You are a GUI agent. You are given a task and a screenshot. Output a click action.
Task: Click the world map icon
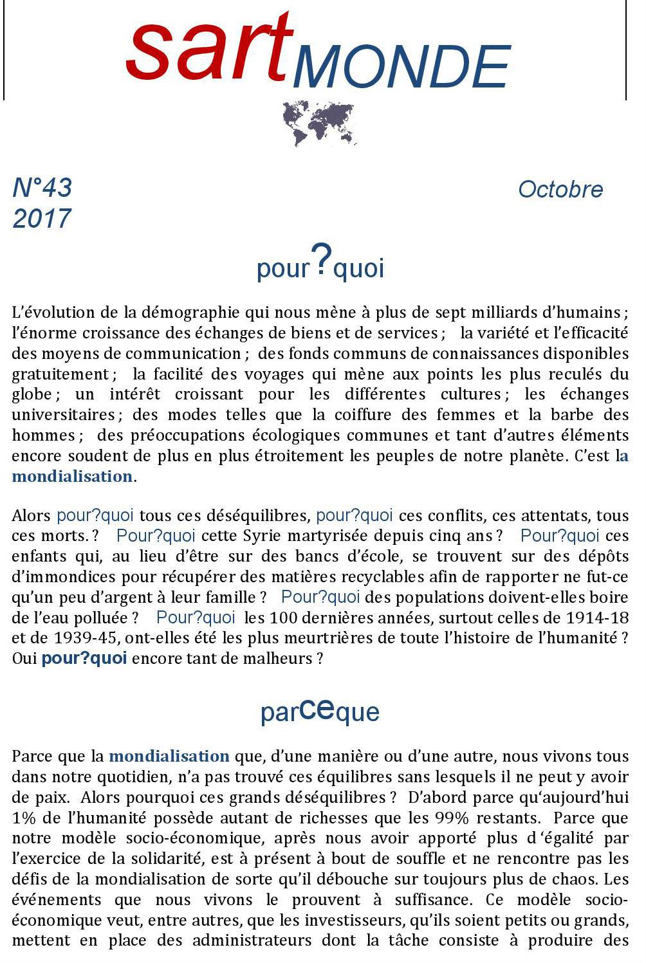tap(319, 122)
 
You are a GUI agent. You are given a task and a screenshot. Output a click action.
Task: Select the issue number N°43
tap(42, 188)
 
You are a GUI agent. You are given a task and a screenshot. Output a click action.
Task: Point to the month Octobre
tap(560, 190)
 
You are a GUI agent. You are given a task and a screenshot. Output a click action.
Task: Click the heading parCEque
tap(320, 711)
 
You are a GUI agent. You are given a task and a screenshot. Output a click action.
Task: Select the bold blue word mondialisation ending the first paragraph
tap(71, 477)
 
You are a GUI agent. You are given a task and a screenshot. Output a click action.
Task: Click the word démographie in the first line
tap(191, 313)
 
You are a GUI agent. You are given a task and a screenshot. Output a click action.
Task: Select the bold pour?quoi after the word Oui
tap(84, 659)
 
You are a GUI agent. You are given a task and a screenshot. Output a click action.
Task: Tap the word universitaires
tap(63, 415)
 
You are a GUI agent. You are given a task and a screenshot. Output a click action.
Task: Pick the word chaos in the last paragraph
tap(582, 879)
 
